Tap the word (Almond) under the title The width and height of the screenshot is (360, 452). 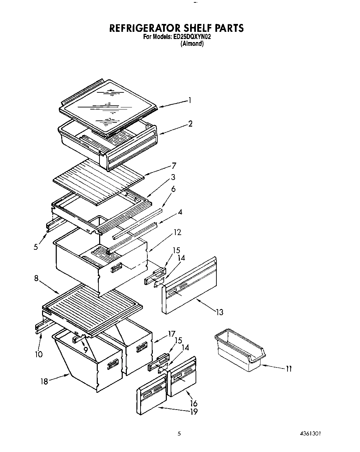click(192, 44)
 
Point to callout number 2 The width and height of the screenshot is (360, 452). click(190, 124)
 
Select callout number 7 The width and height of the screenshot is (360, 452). click(174, 166)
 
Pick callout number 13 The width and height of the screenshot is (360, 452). click(219, 312)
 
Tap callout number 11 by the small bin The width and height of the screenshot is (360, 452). click(289, 369)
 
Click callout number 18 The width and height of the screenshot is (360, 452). click(44, 381)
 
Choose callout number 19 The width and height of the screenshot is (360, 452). click(194, 412)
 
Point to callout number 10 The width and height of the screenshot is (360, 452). click(39, 354)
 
